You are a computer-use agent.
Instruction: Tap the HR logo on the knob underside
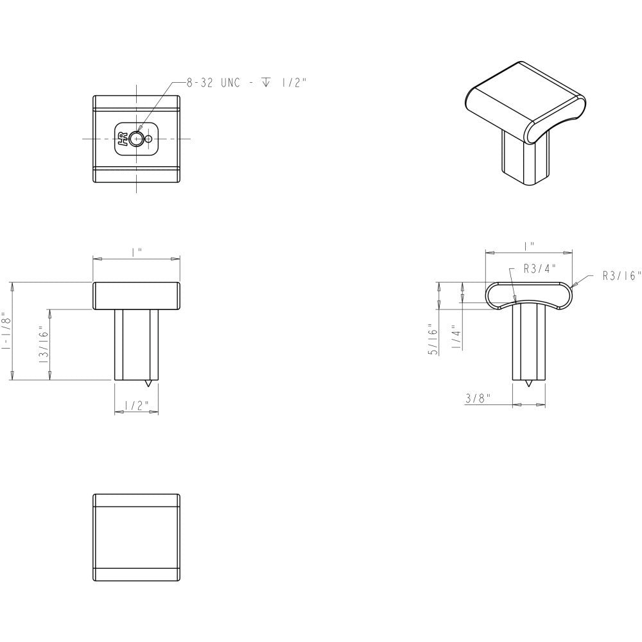121,139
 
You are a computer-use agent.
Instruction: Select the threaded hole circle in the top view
135,139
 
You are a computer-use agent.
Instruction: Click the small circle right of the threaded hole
149,139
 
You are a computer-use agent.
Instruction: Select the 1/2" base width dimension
136,405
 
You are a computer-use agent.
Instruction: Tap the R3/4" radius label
538,269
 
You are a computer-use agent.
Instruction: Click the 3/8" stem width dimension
478,399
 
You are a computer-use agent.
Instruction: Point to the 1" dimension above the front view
136,252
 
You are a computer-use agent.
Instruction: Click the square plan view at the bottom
136,537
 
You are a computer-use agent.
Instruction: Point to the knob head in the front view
136,295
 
